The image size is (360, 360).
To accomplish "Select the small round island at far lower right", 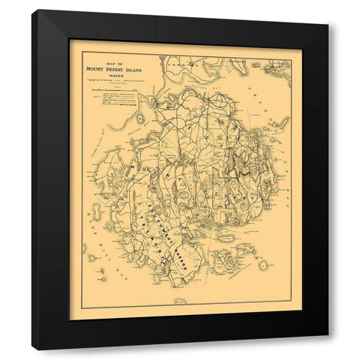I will (263, 265).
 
